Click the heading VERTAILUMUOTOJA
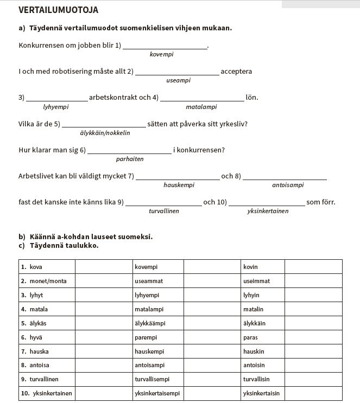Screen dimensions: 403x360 (59, 10)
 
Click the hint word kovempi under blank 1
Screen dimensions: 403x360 (161, 54)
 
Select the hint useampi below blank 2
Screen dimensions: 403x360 (178, 80)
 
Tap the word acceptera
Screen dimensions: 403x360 (236, 72)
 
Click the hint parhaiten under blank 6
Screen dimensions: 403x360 (130, 159)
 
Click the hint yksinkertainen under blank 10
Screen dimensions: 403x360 (268, 211)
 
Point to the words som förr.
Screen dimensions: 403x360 (321, 202)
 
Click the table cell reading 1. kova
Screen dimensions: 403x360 (46, 267)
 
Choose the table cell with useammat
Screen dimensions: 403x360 (158, 281)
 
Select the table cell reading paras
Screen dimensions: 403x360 (263, 337)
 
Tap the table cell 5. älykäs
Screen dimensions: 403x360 (46, 323)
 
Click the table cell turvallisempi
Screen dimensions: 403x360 (158, 379)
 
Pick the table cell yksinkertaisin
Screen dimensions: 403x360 (263, 393)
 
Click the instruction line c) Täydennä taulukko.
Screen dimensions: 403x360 (58, 245)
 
